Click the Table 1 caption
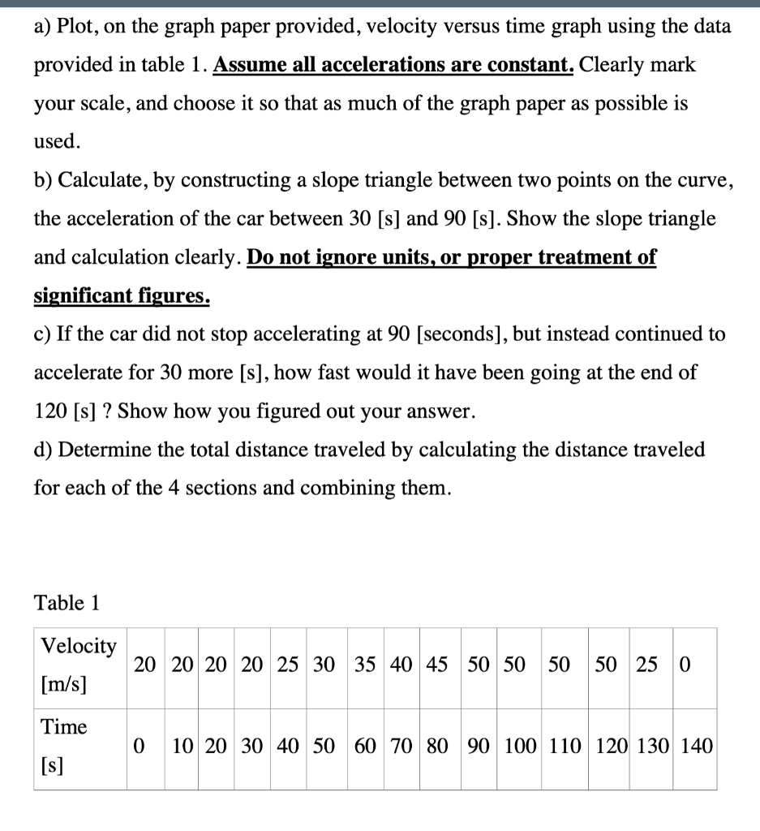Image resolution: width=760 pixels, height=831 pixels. (67, 603)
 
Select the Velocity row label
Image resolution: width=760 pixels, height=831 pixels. (79, 646)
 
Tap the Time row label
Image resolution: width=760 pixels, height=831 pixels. (64, 726)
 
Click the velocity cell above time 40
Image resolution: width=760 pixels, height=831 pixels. (288, 665)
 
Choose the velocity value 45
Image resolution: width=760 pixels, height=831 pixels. (436, 665)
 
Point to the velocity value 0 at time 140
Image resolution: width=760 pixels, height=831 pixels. (685, 665)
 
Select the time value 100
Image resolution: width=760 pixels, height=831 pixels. (518, 746)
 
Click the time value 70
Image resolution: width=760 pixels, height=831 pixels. (401, 746)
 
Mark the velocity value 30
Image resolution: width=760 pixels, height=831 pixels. (324, 665)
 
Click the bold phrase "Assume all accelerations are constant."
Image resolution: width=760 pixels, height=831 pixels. (394, 65)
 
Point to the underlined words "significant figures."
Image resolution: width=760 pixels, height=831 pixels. (122, 296)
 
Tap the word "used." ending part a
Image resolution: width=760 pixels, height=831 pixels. (57, 141)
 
